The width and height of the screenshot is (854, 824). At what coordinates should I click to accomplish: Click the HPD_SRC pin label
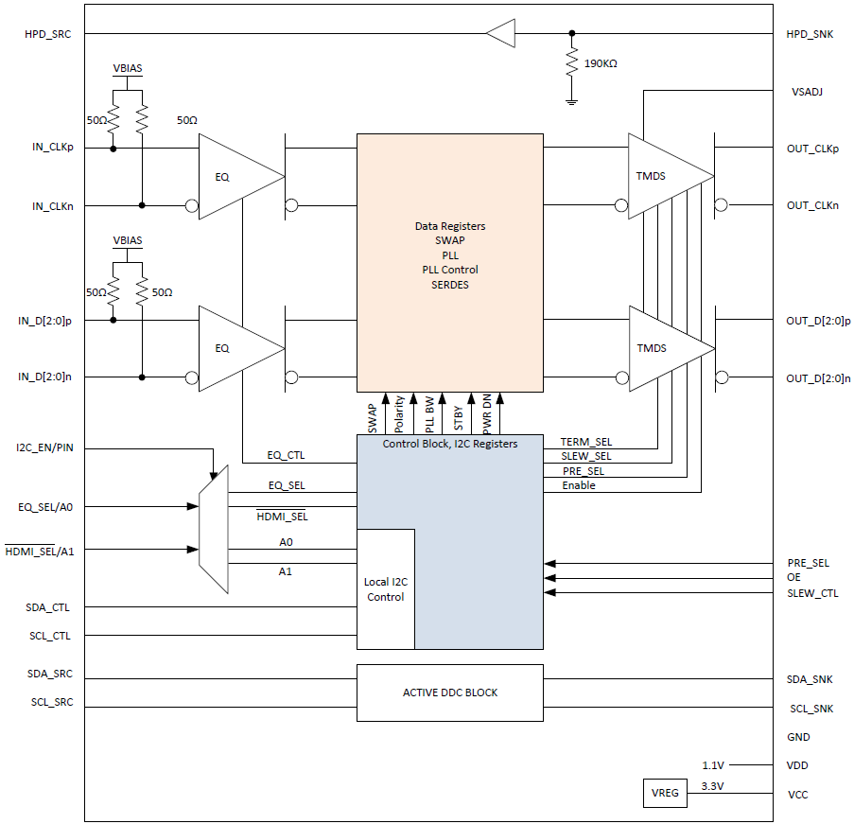click(48, 34)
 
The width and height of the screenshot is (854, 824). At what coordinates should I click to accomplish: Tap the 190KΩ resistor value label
click(601, 63)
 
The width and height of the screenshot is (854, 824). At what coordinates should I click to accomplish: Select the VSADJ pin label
click(807, 92)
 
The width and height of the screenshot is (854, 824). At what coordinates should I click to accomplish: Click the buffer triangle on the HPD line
click(501, 34)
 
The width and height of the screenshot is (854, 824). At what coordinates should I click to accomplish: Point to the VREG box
click(666, 793)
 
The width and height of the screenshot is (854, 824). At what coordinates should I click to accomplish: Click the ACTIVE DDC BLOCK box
click(449, 693)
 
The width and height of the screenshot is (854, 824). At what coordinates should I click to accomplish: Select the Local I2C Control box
click(385, 589)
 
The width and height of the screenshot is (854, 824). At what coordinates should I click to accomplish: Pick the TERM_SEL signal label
click(585, 442)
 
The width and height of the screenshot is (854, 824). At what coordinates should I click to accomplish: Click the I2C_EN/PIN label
click(44, 447)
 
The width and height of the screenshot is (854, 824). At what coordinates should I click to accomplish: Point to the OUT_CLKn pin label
click(812, 205)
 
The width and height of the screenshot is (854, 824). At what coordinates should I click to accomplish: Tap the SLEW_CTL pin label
click(812, 593)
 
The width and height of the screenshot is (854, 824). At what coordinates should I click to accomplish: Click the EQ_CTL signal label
click(286, 456)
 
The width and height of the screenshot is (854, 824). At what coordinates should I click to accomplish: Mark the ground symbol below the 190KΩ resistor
click(571, 100)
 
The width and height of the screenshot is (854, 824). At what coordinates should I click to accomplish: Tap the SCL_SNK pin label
click(810, 709)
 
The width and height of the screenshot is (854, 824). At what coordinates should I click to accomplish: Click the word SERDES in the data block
click(449, 284)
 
